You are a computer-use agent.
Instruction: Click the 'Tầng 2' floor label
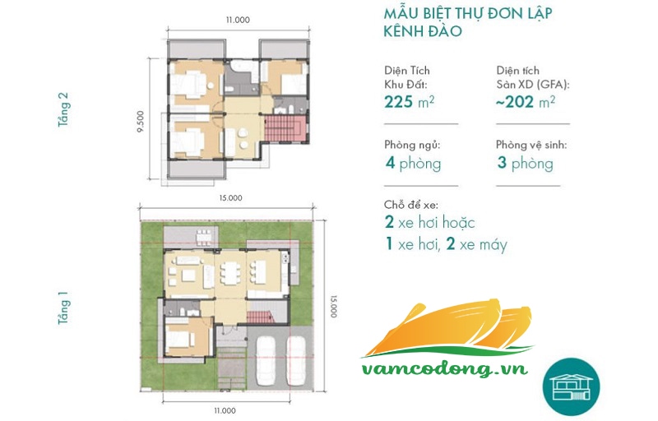pos(63,109)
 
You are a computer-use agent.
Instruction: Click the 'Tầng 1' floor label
pos(63,308)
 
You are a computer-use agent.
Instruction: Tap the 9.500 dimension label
pos(141,122)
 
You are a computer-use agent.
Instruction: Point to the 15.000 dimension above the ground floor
pos(230,198)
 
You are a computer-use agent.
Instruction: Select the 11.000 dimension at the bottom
pos(225,410)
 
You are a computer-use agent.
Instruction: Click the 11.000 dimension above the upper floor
pos(238,20)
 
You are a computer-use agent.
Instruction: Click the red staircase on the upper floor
pos(285,129)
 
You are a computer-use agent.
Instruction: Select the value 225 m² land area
pos(409,102)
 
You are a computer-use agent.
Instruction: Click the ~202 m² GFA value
pos(526,102)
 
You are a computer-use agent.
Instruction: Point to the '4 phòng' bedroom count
pos(414,163)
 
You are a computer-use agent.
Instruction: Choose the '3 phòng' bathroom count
pos(525,163)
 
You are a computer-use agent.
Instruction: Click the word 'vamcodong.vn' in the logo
pos(444,368)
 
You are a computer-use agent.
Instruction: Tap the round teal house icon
pos(571,386)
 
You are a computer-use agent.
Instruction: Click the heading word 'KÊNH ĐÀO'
pos(423,31)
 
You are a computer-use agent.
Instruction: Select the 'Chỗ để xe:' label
pos(411,205)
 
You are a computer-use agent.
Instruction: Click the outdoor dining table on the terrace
pos(203,238)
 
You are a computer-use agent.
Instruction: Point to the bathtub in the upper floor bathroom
pos(241,67)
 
